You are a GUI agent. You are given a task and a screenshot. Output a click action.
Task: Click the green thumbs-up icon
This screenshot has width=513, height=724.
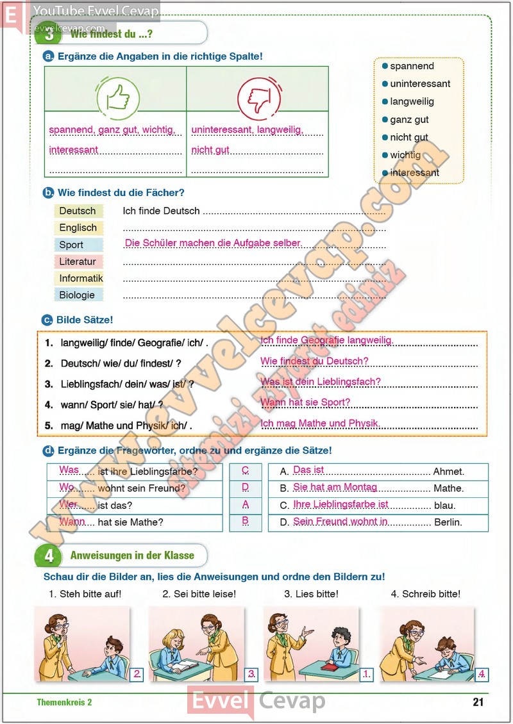[117, 98]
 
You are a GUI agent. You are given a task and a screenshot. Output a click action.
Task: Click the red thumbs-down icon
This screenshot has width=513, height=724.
[259, 98]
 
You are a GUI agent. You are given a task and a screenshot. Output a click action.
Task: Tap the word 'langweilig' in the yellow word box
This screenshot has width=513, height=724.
[412, 101]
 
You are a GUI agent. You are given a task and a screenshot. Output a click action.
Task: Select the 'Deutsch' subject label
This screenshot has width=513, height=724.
[78, 211]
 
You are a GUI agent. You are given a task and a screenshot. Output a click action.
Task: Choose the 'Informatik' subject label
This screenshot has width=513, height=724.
[81, 278]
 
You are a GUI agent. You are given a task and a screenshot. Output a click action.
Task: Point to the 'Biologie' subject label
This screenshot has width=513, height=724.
[77, 295]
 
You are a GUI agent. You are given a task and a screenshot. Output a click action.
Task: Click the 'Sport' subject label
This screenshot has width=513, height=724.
[71, 245]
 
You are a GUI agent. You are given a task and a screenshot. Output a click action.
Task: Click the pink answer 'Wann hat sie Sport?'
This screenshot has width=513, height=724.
[305, 402]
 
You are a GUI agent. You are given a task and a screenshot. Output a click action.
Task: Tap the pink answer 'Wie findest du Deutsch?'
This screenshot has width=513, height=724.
[314, 361]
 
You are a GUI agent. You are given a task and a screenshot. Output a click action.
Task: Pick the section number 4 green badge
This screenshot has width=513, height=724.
[49, 555]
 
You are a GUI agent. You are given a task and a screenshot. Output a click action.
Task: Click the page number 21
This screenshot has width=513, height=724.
[478, 702]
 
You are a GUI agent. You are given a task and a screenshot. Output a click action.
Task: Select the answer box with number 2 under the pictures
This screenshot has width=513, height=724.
[137, 673]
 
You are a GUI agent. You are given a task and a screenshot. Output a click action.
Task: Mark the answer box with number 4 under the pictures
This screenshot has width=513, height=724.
[481, 673]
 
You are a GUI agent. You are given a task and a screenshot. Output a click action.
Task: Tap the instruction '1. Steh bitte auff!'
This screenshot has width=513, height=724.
[85, 594]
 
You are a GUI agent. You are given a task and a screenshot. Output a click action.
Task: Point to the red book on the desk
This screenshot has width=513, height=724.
[328, 666]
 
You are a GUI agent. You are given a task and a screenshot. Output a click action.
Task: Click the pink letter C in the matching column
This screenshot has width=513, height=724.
[246, 470]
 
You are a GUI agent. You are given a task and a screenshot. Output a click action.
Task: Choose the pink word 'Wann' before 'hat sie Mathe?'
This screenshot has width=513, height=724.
[72, 522]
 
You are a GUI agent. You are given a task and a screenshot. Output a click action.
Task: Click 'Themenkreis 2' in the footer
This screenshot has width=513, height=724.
[64, 702]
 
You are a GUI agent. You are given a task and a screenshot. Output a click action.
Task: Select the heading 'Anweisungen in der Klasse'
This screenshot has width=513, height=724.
[132, 555]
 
